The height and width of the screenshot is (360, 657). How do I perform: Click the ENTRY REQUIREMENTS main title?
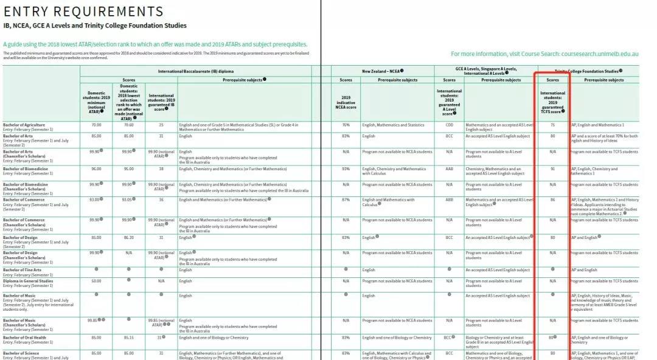[x=83, y=12]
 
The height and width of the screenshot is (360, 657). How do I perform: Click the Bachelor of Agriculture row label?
[x=24, y=125]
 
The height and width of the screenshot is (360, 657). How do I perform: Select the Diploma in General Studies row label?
[x=28, y=281]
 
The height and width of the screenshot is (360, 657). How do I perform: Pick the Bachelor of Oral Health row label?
[x=24, y=337]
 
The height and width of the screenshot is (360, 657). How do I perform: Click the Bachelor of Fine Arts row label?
[x=22, y=270]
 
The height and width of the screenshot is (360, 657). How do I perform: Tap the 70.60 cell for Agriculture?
[x=128, y=125]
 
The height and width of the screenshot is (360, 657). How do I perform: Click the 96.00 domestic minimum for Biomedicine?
[x=96, y=168]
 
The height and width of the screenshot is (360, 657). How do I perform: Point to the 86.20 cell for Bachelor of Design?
[x=128, y=237]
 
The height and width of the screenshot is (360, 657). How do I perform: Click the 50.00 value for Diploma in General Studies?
[x=96, y=281]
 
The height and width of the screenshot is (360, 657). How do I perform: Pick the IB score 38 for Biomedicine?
[x=161, y=168]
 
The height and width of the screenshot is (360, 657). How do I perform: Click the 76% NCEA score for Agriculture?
[x=346, y=125]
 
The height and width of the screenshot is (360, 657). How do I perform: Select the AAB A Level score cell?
[x=449, y=168]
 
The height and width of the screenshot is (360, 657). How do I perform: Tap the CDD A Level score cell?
[x=449, y=125]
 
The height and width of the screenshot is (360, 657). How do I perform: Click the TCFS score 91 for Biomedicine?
[x=552, y=168]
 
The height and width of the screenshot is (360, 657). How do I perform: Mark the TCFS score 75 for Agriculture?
[x=552, y=125]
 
